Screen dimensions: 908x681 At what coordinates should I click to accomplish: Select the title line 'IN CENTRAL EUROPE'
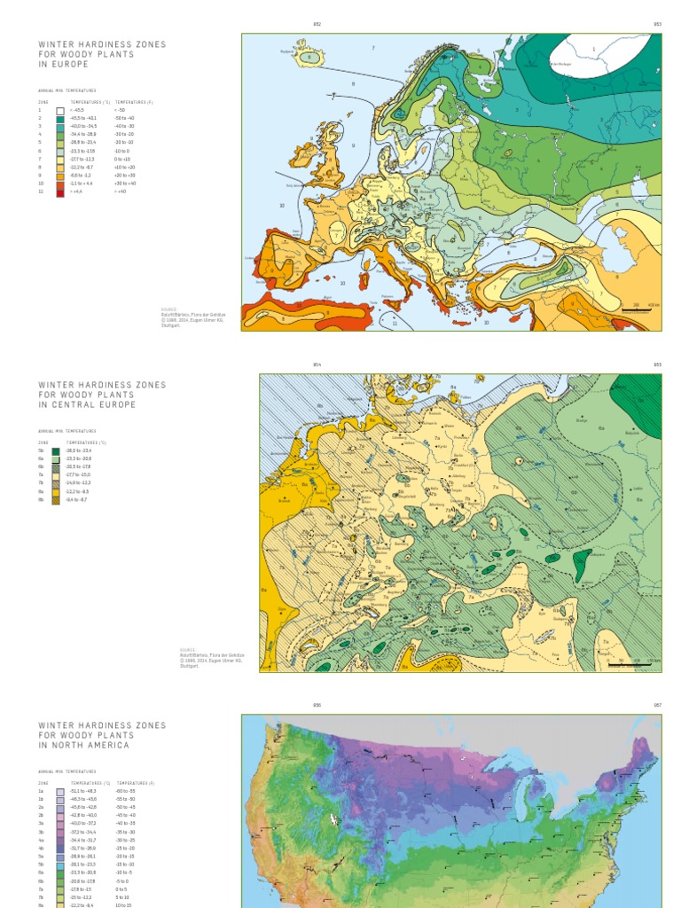[87, 405]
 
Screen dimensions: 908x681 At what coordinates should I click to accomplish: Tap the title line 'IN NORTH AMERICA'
[84, 746]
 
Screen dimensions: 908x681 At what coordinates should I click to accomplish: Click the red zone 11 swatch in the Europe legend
[60, 191]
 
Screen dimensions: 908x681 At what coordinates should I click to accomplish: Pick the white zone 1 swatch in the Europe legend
[60, 111]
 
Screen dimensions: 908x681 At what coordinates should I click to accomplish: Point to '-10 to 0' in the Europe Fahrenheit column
[121, 151]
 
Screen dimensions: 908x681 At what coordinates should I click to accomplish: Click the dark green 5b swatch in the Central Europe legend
[55, 450]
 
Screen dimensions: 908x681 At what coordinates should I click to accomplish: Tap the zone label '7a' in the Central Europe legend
[41, 475]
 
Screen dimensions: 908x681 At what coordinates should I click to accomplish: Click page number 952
[317, 24]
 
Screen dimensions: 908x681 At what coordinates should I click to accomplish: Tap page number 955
[658, 364]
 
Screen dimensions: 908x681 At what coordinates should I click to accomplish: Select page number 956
[317, 705]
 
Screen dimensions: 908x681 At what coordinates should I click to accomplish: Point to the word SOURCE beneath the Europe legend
[168, 309]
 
